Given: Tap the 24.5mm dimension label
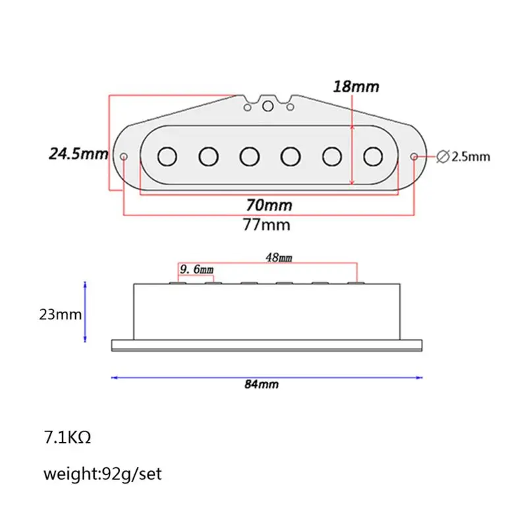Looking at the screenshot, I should [x=78, y=154].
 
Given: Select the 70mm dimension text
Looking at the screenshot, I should [x=269, y=206].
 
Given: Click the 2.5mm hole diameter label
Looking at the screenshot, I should [x=471, y=157].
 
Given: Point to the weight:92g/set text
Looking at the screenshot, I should [x=103, y=474].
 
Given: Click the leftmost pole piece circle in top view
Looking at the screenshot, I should [x=168, y=156].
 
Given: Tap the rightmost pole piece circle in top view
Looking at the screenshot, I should [x=374, y=156].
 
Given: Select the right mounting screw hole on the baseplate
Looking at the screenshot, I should [x=414, y=157].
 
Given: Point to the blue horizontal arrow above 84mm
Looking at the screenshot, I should [x=266, y=377].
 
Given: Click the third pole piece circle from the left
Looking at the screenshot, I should [x=249, y=156].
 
